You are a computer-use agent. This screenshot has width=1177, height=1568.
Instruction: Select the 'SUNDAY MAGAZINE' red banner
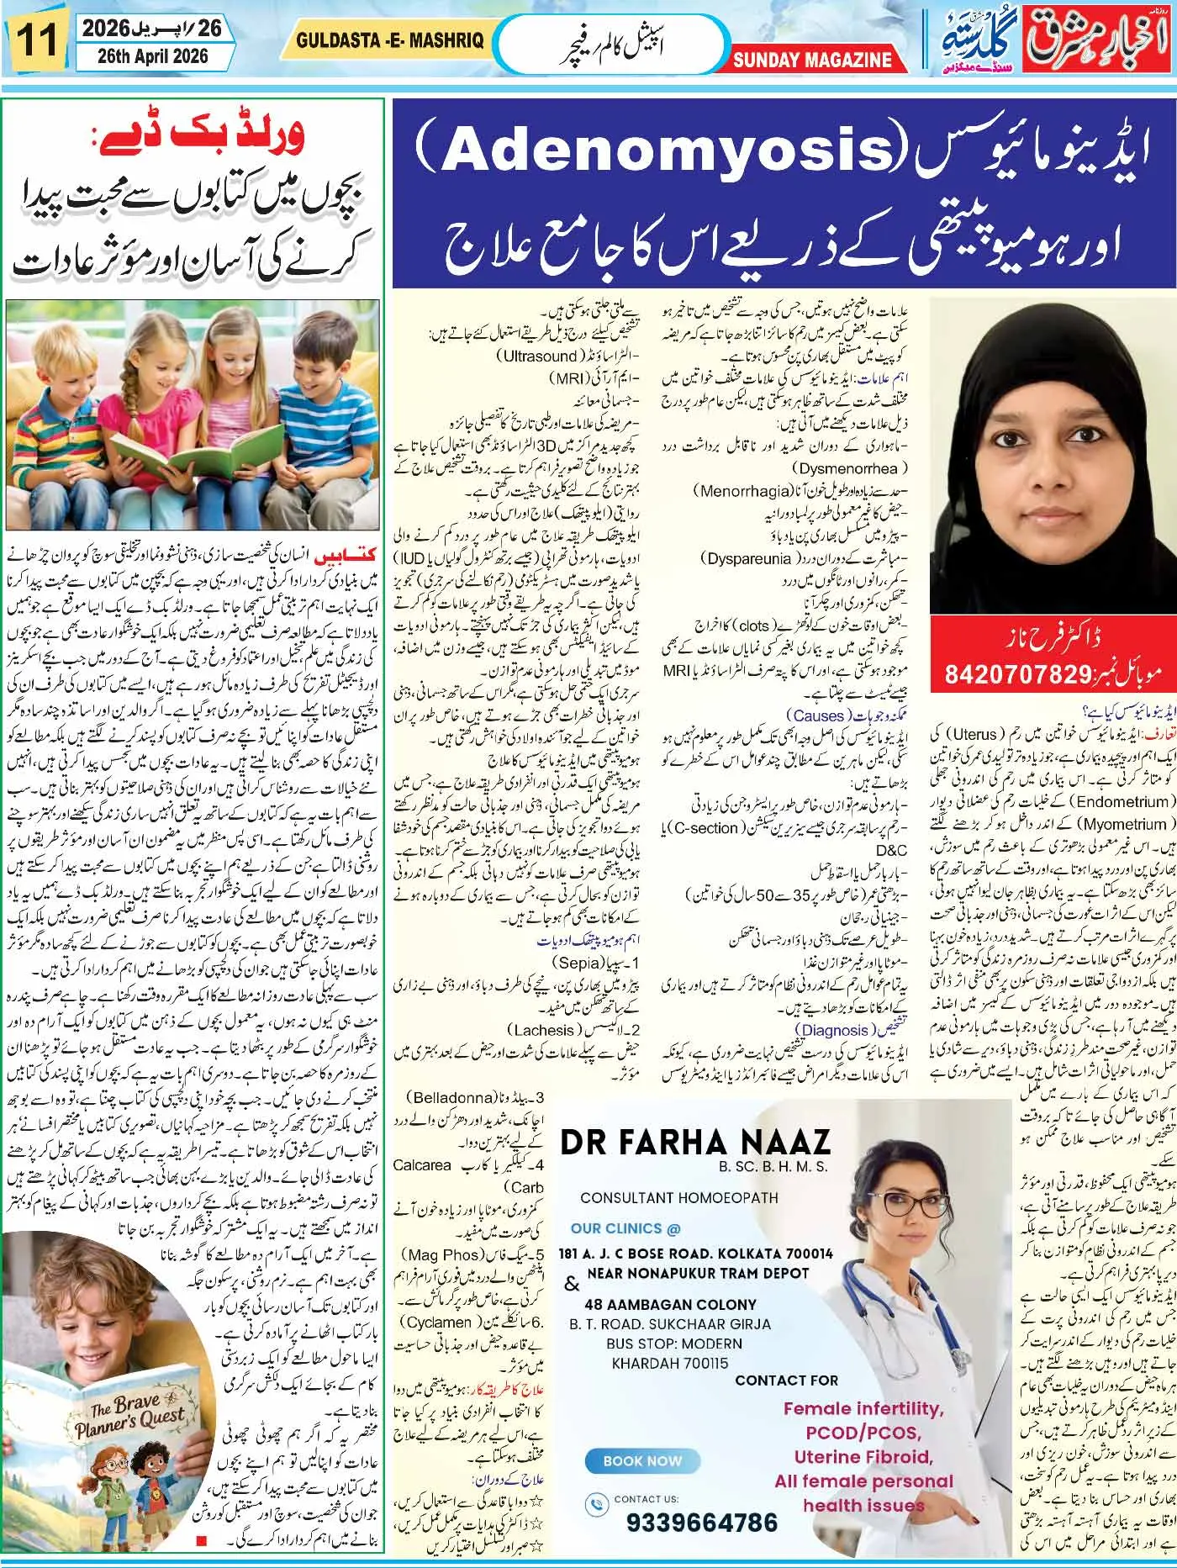[x=811, y=60]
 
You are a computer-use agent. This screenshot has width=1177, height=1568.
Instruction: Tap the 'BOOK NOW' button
[x=642, y=1460]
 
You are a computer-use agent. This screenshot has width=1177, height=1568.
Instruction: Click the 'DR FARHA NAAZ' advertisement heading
[x=695, y=1142]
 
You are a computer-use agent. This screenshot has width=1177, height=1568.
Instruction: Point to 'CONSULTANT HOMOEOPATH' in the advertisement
[x=679, y=1197]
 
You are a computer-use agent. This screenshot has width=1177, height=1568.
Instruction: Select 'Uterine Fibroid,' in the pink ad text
[x=863, y=1457]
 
